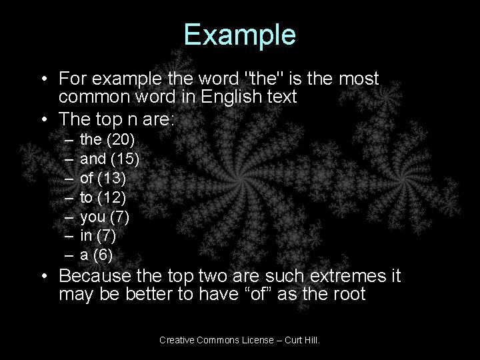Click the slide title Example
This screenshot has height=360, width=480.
[240, 35]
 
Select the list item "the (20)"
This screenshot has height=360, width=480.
[107, 139]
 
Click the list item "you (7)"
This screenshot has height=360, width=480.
[105, 217]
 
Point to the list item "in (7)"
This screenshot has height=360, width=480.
[100, 235]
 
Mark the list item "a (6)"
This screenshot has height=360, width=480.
[97, 255]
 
